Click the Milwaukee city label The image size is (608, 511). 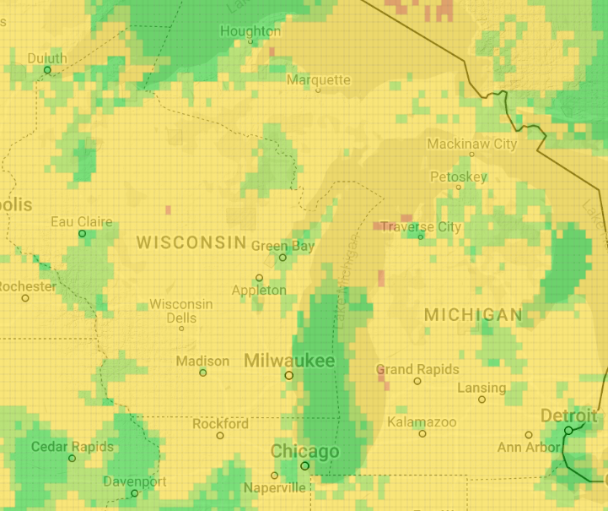coord(288,361)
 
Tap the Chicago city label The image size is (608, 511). coord(304,452)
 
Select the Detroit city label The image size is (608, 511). coord(568,416)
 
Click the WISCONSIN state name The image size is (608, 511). coord(191,242)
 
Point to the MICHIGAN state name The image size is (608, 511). coord(473,315)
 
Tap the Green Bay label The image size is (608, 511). coord(282,246)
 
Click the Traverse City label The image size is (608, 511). coord(421,226)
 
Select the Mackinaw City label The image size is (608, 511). coord(471,144)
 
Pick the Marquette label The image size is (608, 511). coord(318,79)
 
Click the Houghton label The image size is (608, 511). coord(250,31)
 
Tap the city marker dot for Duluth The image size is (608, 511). coord(48,70)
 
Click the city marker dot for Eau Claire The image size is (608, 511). coord(83,233)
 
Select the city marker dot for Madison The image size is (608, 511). coord(202,372)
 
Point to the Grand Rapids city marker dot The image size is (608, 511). coord(417,381)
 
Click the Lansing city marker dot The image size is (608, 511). coord(482,400)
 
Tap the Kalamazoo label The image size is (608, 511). coord(422,421)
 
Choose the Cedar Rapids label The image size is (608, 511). coord(72,446)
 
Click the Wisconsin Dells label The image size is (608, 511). coord(181,311)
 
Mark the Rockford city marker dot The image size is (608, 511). coord(220,436)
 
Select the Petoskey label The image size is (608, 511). coord(458,177)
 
